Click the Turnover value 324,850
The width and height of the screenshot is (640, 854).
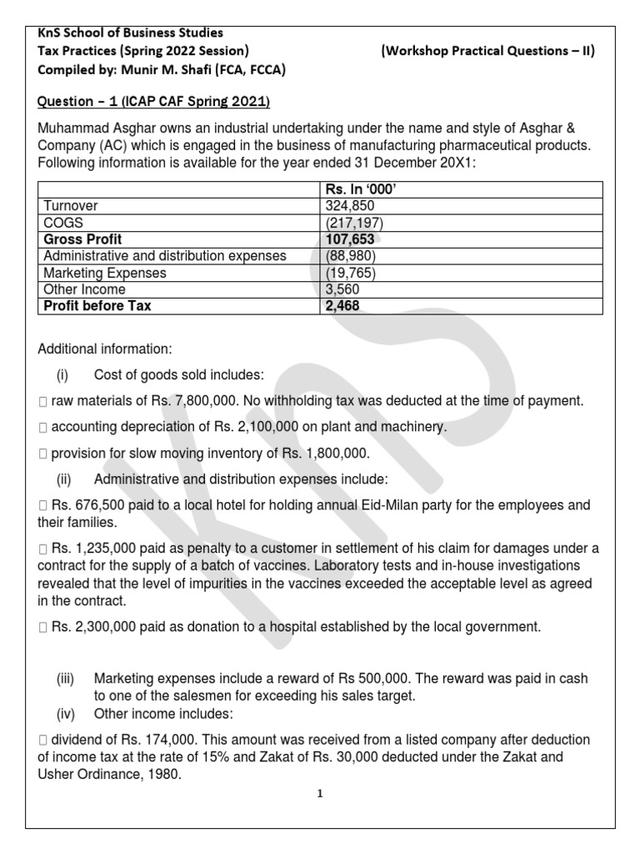coord(349,205)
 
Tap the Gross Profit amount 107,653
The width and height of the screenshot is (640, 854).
coord(352,239)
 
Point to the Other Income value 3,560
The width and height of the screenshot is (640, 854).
coord(342,289)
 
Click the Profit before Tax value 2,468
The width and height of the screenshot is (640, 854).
coord(342,306)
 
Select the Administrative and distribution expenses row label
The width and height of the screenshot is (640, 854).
coord(164,256)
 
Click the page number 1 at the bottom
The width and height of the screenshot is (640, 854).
coord(319,794)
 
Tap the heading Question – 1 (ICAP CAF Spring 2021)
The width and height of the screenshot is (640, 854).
coord(153,102)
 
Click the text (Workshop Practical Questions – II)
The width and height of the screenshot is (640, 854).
coord(487,52)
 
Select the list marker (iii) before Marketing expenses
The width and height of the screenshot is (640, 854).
coord(66,680)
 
